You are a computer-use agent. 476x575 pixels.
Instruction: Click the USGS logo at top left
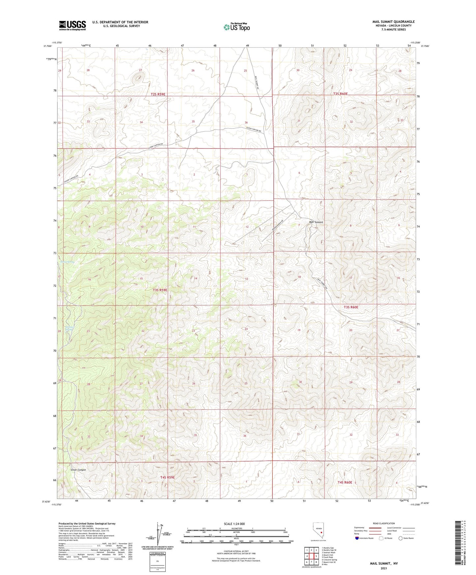[x=72, y=25]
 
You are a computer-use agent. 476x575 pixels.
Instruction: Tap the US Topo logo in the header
[x=237, y=27]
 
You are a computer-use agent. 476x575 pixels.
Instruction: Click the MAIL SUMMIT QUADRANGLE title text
[x=393, y=22]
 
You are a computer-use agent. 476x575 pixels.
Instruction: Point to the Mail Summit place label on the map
[x=316, y=222]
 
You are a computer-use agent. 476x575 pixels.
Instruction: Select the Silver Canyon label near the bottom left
[x=78, y=470]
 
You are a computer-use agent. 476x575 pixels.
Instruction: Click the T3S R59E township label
[x=160, y=290]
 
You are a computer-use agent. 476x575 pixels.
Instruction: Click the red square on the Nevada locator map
[x=321, y=531]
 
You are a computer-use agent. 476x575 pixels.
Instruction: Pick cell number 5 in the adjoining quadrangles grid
[x=316, y=556]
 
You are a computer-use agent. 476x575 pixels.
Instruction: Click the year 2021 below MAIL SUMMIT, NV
[x=383, y=569]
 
